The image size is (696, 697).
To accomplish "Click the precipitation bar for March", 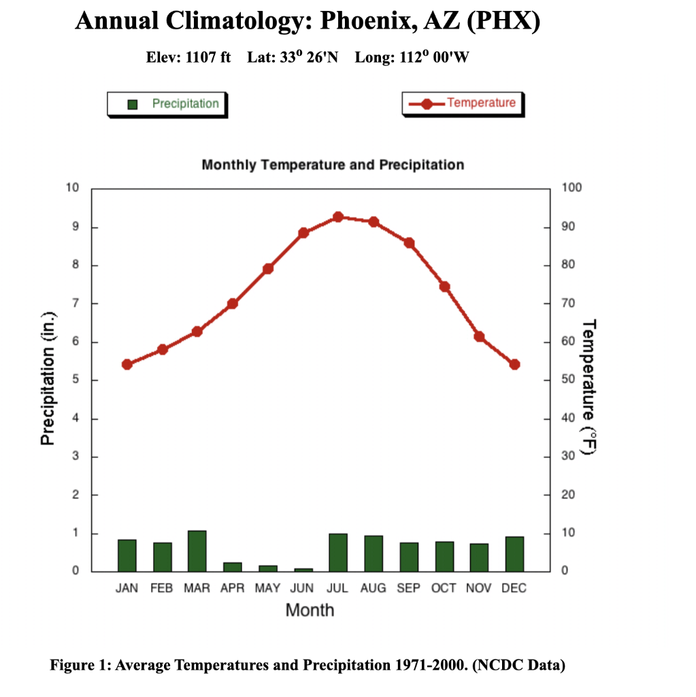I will (x=197, y=551).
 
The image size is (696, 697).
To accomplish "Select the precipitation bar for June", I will (x=303, y=570).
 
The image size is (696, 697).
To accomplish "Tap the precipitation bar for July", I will (x=338, y=553).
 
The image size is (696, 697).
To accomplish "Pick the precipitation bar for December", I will (x=514, y=554).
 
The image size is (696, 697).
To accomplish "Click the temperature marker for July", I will (x=338, y=217).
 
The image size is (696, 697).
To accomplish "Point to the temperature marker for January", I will (x=127, y=364).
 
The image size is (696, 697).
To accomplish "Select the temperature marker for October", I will (x=444, y=287).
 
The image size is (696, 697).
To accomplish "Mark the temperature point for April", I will (x=233, y=304).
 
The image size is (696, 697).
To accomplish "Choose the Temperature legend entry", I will (x=463, y=103).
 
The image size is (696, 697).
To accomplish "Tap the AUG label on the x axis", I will (x=373, y=589).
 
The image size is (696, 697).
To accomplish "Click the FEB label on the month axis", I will (x=162, y=589).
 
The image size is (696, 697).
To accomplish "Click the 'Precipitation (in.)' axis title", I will (x=48, y=379).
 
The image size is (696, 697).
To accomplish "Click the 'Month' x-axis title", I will (x=310, y=610).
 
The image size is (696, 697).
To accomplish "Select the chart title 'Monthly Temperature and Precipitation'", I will (x=333, y=165).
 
